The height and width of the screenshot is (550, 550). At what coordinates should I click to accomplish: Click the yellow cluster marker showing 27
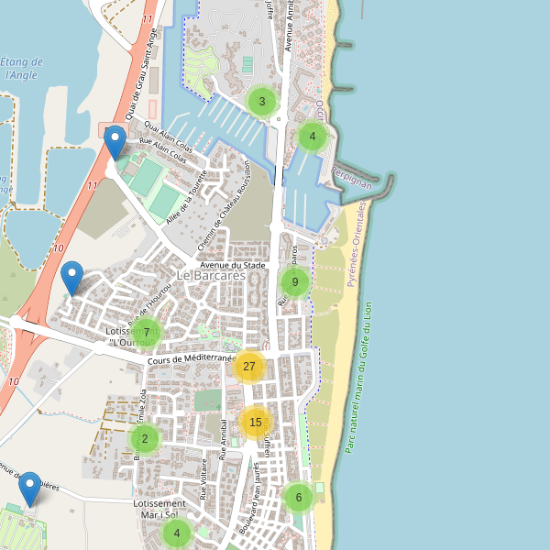coord(248,366)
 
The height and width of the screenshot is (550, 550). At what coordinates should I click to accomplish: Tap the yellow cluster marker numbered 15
coord(255,423)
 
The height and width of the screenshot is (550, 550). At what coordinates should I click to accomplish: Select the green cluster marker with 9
coord(294,282)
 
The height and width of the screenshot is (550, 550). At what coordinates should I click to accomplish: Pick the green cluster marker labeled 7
coord(146,333)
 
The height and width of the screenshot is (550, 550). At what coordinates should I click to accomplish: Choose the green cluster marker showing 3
coord(262,102)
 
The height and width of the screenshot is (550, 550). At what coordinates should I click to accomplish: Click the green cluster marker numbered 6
coord(298,498)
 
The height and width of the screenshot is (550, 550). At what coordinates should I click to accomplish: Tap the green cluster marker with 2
coord(145,438)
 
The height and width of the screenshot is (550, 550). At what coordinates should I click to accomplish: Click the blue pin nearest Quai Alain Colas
coord(115,143)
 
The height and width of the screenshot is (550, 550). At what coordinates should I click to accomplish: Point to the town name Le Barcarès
coord(212,275)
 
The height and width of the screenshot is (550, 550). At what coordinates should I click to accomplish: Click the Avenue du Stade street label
coord(232,266)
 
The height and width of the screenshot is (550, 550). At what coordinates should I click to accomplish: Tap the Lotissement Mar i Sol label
coord(159,510)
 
